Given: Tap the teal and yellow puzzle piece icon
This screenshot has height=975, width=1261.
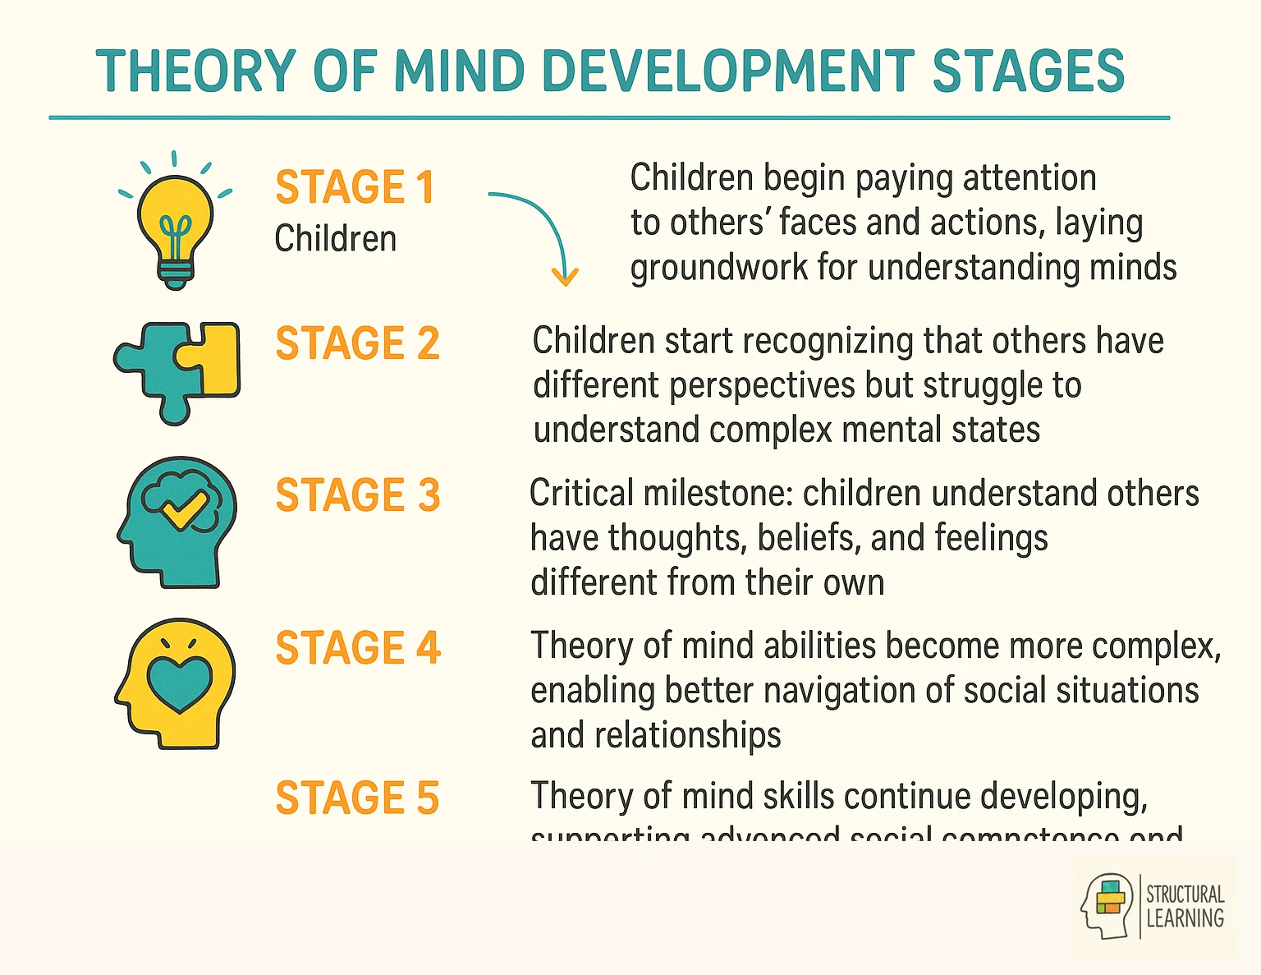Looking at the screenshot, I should (177, 370).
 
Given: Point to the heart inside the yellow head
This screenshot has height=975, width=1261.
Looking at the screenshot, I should (179, 682).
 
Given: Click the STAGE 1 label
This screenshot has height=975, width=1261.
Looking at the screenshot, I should (355, 187).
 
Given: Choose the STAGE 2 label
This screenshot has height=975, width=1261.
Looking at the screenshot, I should (357, 343).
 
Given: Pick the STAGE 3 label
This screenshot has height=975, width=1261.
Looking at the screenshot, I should (357, 495).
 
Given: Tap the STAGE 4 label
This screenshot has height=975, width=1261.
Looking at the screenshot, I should (358, 648).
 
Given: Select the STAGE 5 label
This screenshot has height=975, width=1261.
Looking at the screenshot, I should (357, 798).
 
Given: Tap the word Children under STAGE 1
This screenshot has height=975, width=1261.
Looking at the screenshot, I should (335, 239).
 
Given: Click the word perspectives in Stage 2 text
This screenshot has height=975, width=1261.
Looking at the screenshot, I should (763, 386).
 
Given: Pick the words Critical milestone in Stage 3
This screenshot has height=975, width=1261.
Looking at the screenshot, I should (661, 494).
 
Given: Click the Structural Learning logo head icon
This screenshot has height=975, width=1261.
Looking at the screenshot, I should (1107, 906).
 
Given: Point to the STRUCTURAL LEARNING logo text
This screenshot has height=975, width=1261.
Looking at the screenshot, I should (1185, 907).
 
